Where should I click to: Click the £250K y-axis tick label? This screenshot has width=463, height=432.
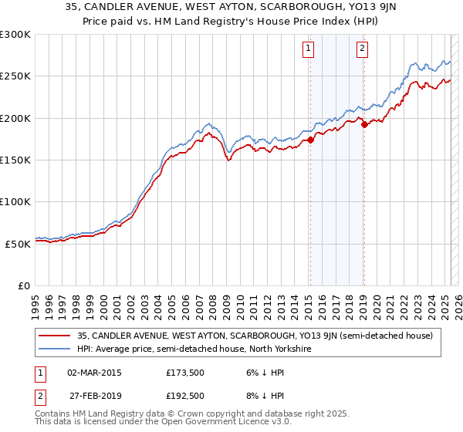point(15,76)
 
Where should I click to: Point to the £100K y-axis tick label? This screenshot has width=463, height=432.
point(15,201)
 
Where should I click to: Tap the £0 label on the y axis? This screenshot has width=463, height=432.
point(23,285)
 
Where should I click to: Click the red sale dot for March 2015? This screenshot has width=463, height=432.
point(310,140)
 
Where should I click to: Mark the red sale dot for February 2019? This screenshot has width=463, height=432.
point(363,124)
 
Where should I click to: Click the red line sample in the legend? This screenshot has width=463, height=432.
point(56,336)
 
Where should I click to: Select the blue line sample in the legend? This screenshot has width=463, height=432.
point(56,349)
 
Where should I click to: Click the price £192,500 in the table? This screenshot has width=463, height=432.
point(184,396)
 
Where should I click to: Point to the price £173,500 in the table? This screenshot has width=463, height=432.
point(184,373)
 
